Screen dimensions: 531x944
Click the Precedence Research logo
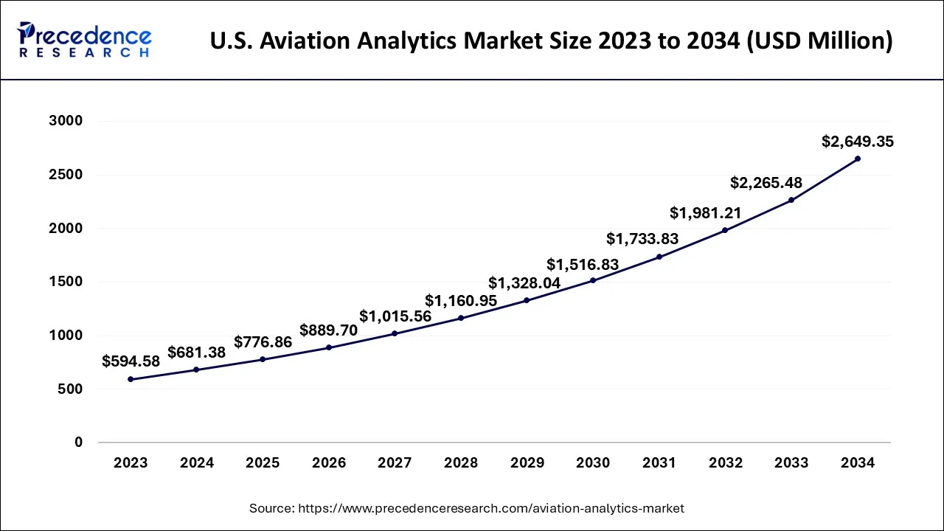pyautogui.click(x=84, y=40)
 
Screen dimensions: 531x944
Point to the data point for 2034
pyautogui.click(x=857, y=159)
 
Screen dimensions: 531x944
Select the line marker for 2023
pyautogui.click(x=131, y=379)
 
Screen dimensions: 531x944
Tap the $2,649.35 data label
pyautogui.click(x=857, y=142)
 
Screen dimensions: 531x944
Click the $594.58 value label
pyautogui.click(x=131, y=361)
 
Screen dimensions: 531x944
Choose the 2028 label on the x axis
pyautogui.click(x=461, y=463)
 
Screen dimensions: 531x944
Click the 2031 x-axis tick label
pyautogui.click(x=659, y=463)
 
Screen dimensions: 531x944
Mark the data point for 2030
pyautogui.click(x=593, y=280)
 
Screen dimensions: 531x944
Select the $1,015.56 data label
pyautogui.click(x=395, y=316)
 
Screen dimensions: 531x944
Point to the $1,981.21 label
pyautogui.click(x=706, y=213)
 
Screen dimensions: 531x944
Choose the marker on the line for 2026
pyautogui.click(x=329, y=347)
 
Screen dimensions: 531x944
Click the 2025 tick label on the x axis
pyautogui.click(x=263, y=463)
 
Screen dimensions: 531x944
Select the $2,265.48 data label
pyautogui.click(x=766, y=183)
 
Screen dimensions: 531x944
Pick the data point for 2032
pyautogui.click(x=725, y=230)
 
